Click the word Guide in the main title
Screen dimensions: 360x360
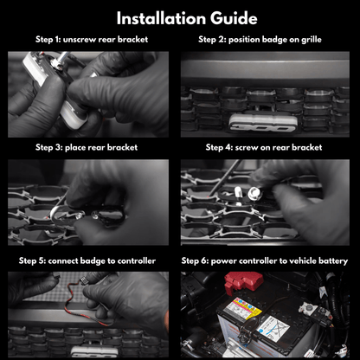click(x=234, y=18)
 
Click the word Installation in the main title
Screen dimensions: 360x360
click(x=162, y=18)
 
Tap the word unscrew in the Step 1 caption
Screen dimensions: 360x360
click(x=80, y=40)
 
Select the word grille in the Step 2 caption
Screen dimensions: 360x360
click(x=312, y=40)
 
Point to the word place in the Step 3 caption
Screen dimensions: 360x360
click(x=75, y=148)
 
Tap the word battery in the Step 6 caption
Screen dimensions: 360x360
click(x=333, y=261)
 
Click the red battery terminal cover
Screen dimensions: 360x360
click(x=243, y=282)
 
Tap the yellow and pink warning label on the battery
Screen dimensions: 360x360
click(x=242, y=309)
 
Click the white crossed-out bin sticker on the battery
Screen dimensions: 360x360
click(x=273, y=329)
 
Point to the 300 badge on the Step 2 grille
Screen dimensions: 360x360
click(x=262, y=124)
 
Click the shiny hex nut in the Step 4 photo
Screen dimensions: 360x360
click(x=254, y=193)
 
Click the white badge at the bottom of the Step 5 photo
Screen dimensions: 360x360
click(x=94, y=351)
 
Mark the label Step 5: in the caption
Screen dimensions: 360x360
click(x=32, y=261)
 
